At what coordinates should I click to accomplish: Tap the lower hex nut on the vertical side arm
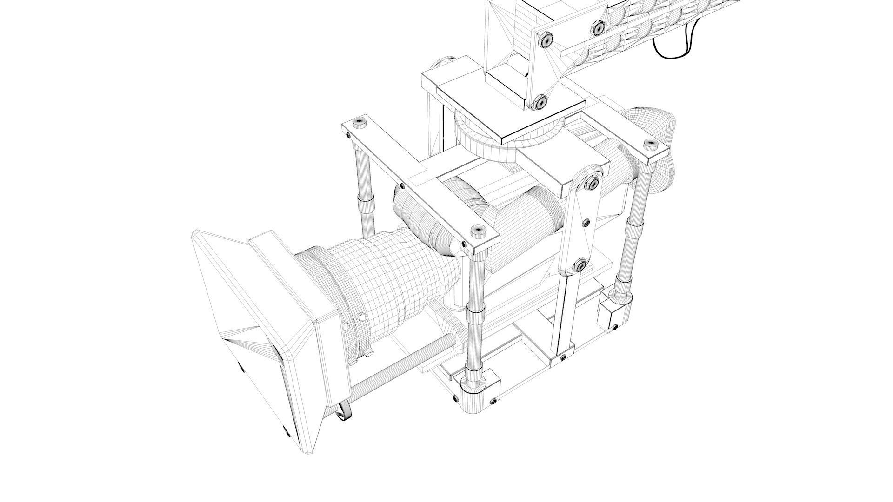(x=580, y=266)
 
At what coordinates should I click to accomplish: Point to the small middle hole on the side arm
(x=586, y=223)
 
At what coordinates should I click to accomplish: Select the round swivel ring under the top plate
(x=484, y=139)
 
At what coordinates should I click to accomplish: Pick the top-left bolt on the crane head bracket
(x=546, y=40)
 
